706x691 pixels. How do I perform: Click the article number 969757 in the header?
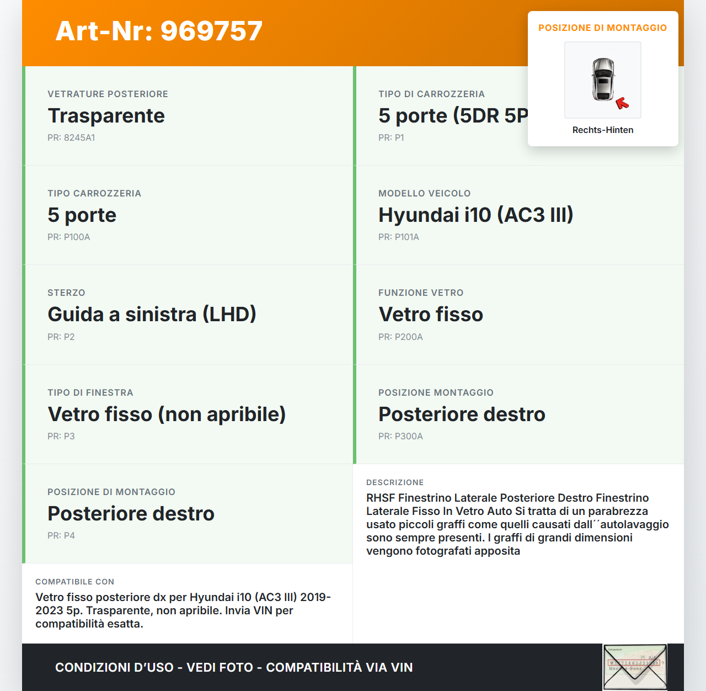click(211, 31)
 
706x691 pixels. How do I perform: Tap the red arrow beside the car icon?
click(622, 103)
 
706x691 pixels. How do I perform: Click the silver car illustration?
click(603, 79)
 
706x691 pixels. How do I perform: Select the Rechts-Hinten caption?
click(603, 130)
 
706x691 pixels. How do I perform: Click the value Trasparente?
click(106, 116)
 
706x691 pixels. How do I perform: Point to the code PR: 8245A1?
click(71, 138)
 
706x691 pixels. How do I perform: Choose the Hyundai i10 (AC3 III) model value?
click(475, 215)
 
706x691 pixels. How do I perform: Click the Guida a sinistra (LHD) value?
click(152, 315)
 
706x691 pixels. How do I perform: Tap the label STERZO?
click(66, 293)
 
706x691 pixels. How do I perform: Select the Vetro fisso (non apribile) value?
click(167, 414)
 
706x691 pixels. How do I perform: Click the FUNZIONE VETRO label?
click(421, 293)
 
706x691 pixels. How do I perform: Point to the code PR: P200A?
click(400, 337)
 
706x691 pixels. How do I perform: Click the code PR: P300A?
click(400, 437)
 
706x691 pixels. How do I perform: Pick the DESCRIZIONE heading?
click(395, 483)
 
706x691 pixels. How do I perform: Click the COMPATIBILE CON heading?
click(74, 582)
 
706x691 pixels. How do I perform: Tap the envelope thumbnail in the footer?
click(635, 667)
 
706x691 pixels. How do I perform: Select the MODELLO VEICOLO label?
click(424, 194)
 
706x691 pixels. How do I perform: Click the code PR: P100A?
click(68, 237)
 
